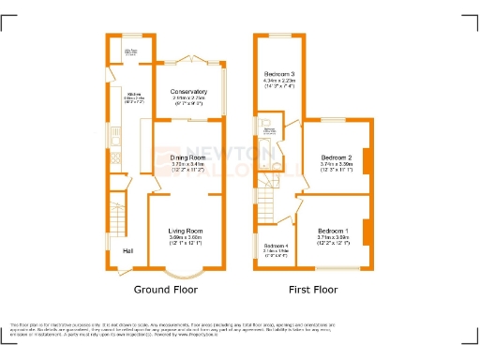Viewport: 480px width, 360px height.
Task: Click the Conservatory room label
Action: [189, 92]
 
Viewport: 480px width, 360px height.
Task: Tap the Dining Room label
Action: [187, 157]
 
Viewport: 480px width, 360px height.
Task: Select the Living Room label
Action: [186, 231]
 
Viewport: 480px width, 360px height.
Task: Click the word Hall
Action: [127, 251]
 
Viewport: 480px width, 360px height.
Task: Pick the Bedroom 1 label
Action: [333, 231]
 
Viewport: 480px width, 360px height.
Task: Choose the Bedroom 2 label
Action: [336, 157]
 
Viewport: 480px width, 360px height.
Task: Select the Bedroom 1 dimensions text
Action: [333, 238]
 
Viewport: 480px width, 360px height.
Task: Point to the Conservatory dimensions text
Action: [189, 99]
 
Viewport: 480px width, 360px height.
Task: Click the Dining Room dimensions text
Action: [187, 164]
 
